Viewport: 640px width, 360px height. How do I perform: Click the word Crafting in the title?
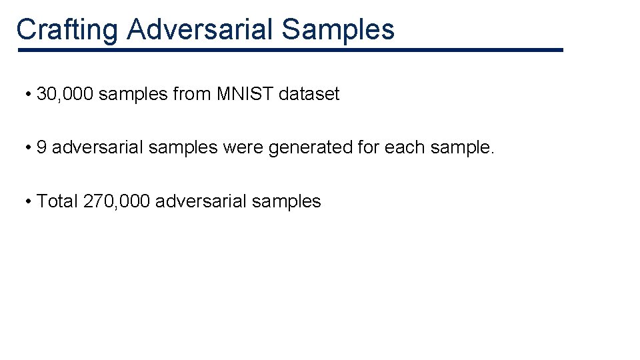click(x=67, y=29)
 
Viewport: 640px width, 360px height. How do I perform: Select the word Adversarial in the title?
click(x=199, y=29)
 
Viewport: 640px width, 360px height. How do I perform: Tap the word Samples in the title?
click(x=338, y=29)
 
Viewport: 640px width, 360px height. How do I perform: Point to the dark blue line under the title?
click(x=290, y=50)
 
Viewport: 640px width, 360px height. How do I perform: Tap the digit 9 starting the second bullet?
click(x=41, y=147)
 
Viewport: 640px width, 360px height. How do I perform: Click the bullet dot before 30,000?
click(x=28, y=95)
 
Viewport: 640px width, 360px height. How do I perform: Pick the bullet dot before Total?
click(x=28, y=201)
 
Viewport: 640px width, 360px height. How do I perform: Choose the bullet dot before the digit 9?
click(x=28, y=147)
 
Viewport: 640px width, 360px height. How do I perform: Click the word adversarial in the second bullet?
click(x=97, y=147)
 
